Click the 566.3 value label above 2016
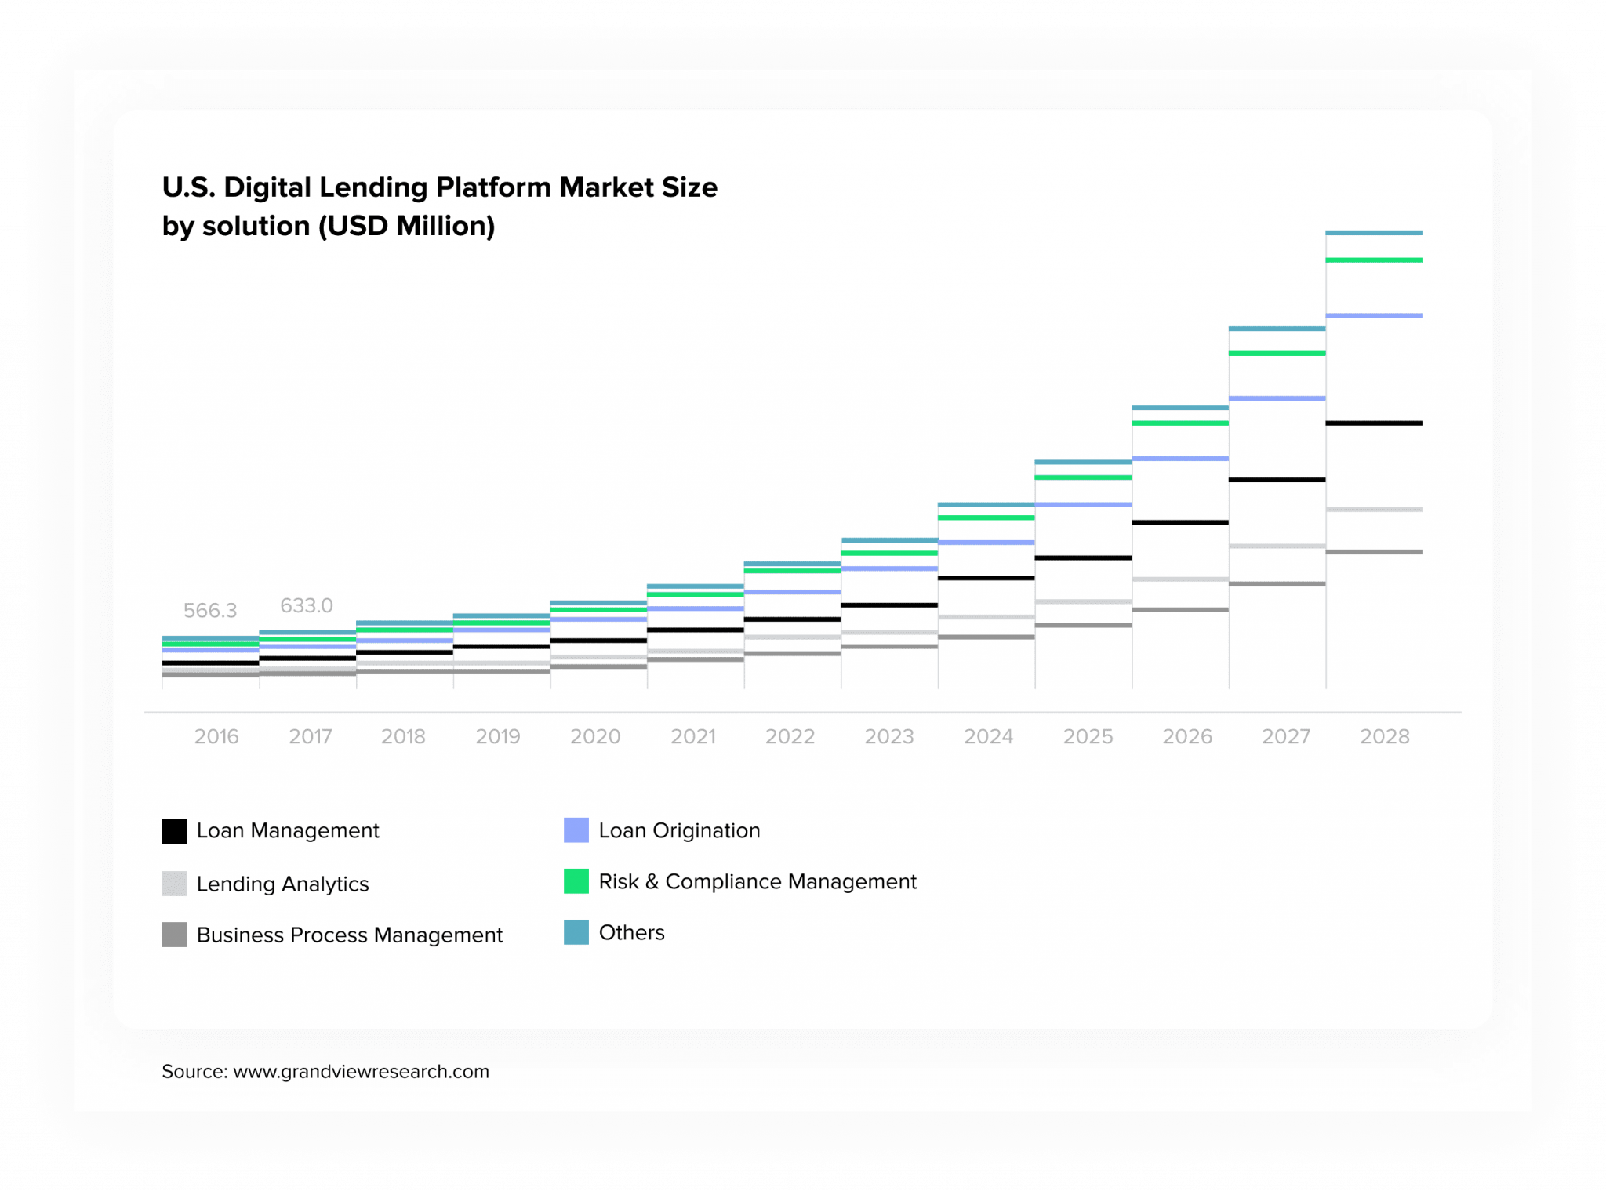(209, 610)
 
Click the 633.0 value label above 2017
(307, 605)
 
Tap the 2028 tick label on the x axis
(1385, 736)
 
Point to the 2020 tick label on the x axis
(595, 736)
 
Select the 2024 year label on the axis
(988, 736)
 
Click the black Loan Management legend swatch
(174, 831)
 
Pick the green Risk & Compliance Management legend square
(576, 881)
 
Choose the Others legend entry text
(631, 932)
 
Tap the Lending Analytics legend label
(282, 884)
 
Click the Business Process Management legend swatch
(174, 935)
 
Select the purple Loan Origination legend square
(576, 830)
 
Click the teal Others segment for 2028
(1374, 233)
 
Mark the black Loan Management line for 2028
(1374, 423)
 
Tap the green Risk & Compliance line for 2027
(1277, 354)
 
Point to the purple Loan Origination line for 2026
(1180, 459)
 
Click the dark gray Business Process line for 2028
(1374, 552)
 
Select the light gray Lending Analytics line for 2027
(1277, 546)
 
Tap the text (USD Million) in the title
(406, 227)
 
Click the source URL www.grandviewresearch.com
(361, 1072)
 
